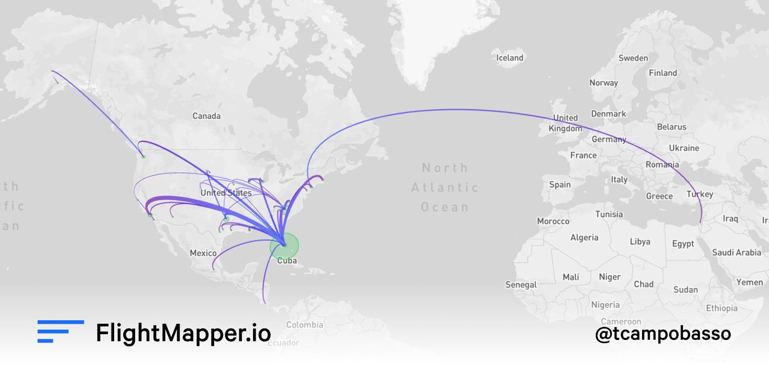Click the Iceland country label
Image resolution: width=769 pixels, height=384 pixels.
point(510,58)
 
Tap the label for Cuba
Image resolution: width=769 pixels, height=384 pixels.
point(286,260)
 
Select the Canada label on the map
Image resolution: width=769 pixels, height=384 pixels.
point(206,116)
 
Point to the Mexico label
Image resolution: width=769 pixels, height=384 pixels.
point(203,253)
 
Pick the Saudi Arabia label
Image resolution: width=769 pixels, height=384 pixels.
point(736,253)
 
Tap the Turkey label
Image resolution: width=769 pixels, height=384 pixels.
point(699,194)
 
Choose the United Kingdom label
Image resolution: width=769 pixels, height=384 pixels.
point(565,123)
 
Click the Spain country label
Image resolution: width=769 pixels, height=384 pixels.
point(559,184)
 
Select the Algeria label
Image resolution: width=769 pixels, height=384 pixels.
point(584,237)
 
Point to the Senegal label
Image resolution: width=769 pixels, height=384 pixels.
point(521,284)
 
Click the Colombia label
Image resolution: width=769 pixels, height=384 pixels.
point(304,325)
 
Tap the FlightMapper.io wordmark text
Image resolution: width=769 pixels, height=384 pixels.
point(183,333)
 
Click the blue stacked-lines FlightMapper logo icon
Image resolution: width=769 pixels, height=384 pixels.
point(60,332)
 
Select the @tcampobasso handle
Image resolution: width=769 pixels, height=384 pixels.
point(663,333)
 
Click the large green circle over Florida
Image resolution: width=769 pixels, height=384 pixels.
point(284,245)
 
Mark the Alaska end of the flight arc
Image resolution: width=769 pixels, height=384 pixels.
point(53,72)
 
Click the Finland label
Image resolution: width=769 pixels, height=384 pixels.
point(663,73)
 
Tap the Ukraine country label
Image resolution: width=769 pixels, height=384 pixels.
point(684,148)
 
